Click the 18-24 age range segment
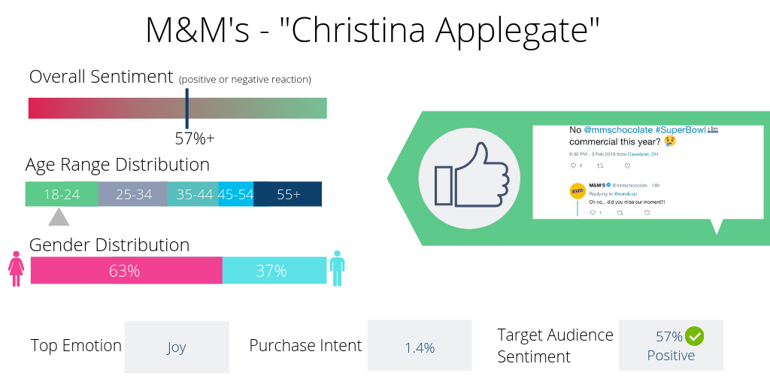click(62, 194)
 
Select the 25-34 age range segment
click(133, 194)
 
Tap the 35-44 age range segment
click(193, 194)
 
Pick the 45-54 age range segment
click(235, 194)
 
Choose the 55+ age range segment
click(288, 194)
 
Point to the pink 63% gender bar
click(126, 271)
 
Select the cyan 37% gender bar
click(274, 271)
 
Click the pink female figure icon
click(16, 268)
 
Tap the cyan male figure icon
click(337, 268)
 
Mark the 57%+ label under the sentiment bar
click(195, 139)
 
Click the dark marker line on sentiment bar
click(187, 108)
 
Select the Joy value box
click(176, 347)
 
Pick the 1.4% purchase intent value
click(420, 347)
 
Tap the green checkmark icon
click(694, 335)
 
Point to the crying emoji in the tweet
click(669, 141)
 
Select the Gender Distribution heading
click(109, 245)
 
